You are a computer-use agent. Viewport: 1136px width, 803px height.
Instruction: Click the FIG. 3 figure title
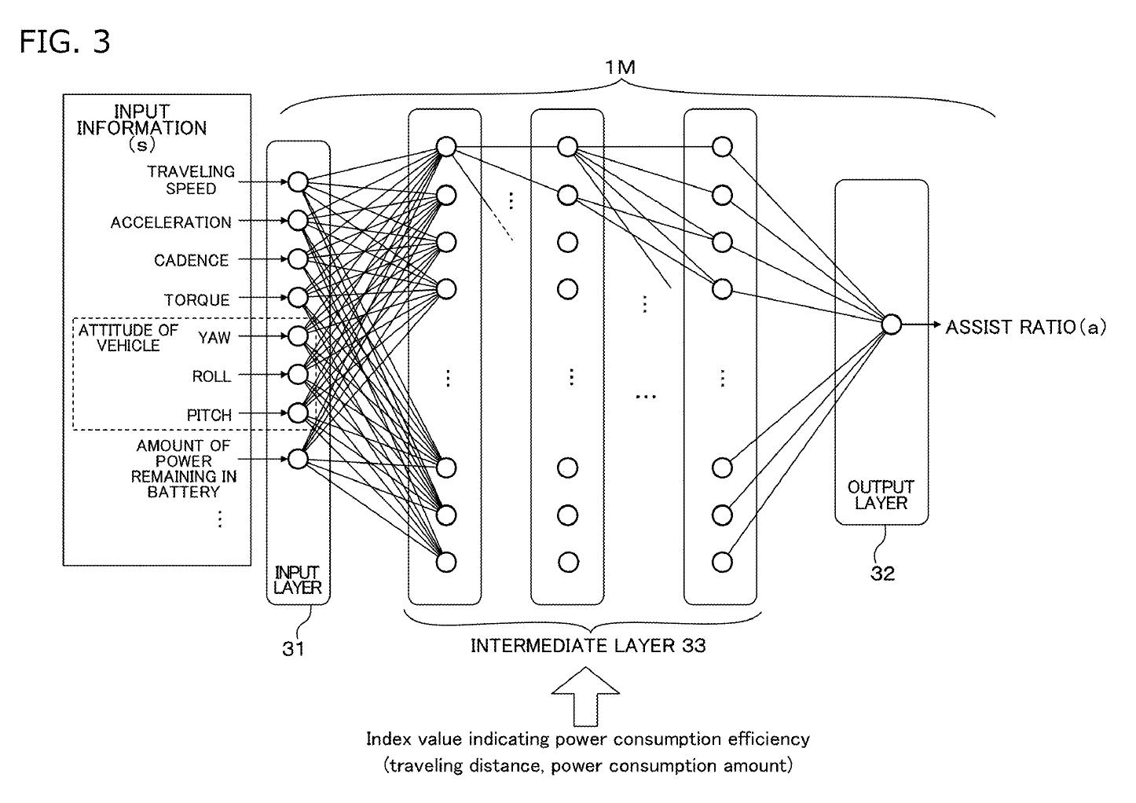64,42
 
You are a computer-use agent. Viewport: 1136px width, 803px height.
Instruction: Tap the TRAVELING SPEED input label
191,180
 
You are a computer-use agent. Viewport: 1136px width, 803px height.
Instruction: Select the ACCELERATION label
170,222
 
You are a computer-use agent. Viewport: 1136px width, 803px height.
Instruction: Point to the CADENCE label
191,260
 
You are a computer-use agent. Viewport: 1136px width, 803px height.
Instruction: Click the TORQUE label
196,299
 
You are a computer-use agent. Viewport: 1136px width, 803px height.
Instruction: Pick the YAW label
214,337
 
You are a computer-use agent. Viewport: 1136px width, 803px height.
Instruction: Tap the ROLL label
211,376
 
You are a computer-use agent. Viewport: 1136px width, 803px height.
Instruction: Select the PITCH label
209,415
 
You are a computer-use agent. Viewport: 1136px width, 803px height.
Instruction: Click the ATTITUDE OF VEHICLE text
128,338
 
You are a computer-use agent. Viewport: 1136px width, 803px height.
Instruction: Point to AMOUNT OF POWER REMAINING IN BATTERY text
183,468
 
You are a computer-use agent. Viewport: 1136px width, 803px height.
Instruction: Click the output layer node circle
891,324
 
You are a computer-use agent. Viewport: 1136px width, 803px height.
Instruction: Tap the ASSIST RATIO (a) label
1025,327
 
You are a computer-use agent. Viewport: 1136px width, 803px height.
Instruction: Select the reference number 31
293,649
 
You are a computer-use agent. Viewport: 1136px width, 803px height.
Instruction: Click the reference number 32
882,574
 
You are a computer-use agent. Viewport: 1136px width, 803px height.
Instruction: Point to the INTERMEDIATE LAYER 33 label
588,646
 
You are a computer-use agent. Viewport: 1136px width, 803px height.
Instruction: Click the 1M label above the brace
619,68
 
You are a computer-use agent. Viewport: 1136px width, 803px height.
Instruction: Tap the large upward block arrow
585,696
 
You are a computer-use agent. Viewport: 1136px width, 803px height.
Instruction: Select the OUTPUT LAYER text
881,495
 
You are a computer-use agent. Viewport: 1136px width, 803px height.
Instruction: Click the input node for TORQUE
297,297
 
